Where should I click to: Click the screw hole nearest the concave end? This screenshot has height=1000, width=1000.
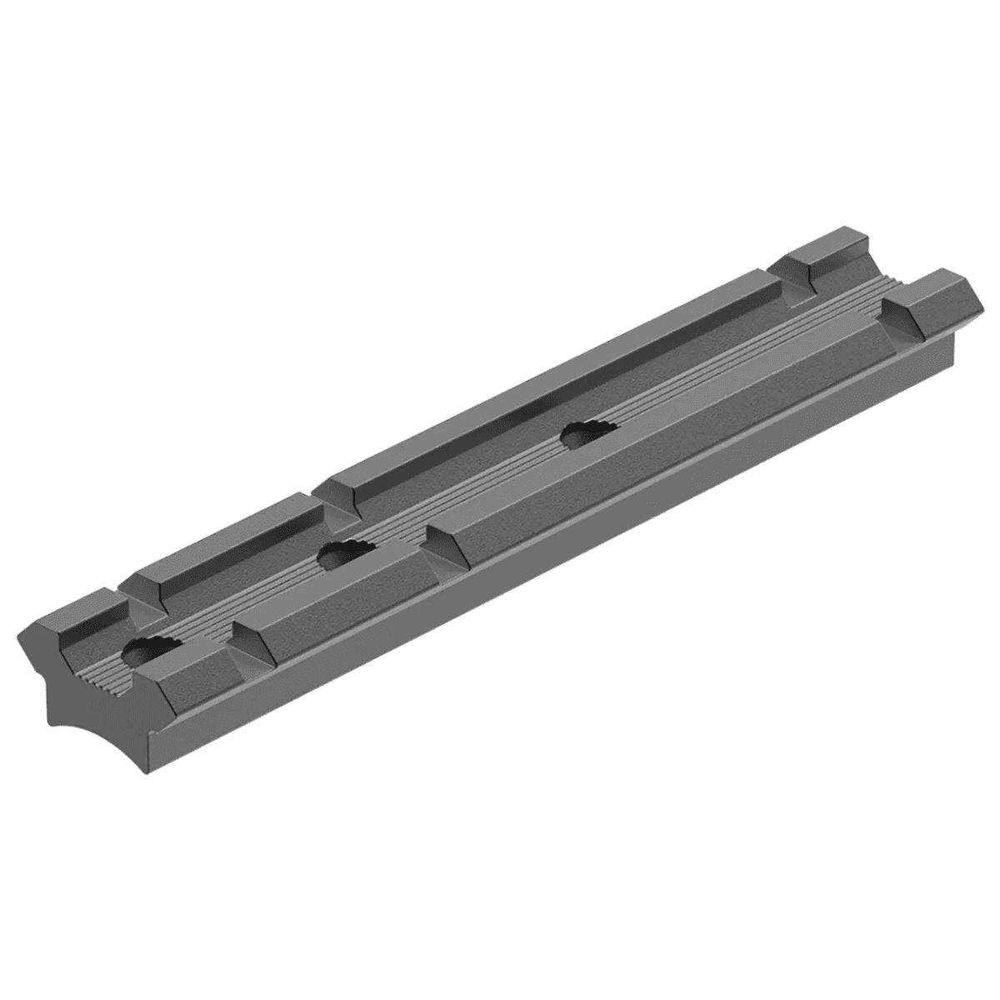[x=144, y=651]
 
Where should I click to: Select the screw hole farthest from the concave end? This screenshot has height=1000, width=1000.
[x=587, y=432]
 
